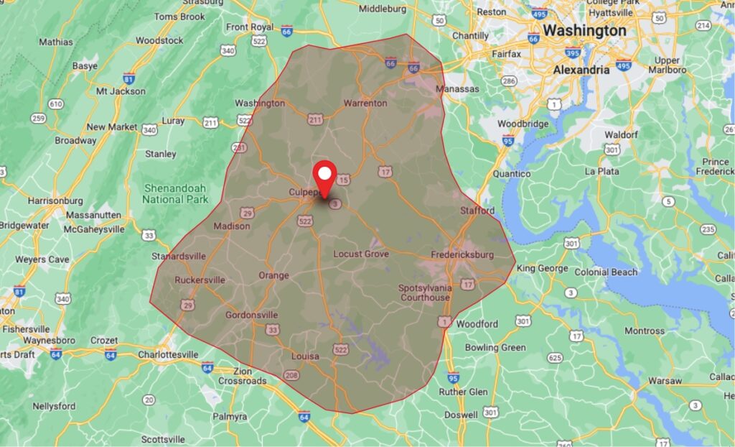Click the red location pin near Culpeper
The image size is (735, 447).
[x=325, y=177]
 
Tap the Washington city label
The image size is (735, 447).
[x=584, y=31]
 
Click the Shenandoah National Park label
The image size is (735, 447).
[x=175, y=193]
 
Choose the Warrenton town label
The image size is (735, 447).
[x=365, y=103]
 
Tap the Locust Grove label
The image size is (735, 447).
[x=361, y=254]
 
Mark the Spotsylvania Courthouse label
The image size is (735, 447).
[x=425, y=292]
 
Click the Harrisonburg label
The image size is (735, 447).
[x=55, y=201]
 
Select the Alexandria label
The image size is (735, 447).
[x=581, y=70]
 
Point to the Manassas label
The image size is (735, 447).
[x=457, y=88]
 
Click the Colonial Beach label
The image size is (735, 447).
[x=607, y=272]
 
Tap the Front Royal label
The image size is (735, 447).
[x=250, y=27]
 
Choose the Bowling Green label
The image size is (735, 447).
[x=495, y=347]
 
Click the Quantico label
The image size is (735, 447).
[x=512, y=174]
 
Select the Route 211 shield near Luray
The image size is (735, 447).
[x=210, y=123]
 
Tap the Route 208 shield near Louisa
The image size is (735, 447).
[x=291, y=375]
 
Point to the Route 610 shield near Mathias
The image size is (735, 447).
[x=55, y=105]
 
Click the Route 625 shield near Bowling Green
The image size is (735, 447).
[x=554, y=357]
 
